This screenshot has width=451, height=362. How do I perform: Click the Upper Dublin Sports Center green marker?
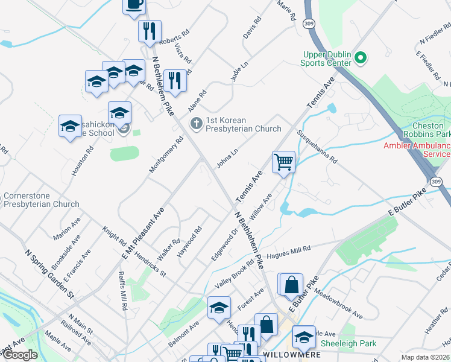pyautogui.click(x=361, y=59)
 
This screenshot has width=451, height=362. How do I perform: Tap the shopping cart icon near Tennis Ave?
pyautogui.click(x=283, y=162)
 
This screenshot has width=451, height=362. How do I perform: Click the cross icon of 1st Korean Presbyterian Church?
pyautogui.click(x=196, y=124)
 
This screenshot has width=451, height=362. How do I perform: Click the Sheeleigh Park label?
pyautogui.click(x=348, y=343)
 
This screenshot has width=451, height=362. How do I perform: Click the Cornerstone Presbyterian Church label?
pyautogui.click(x=41, y=200)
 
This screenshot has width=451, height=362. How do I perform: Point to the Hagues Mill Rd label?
pyautogui.click(x=292, y=249)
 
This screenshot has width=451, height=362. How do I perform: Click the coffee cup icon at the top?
pyautogui.click(x=134, y=5)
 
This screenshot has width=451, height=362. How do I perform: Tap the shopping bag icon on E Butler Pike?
pyautogui.click(x=291, y=284)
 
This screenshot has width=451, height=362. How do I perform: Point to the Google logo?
pyautogui.click(x=20, y=355)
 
